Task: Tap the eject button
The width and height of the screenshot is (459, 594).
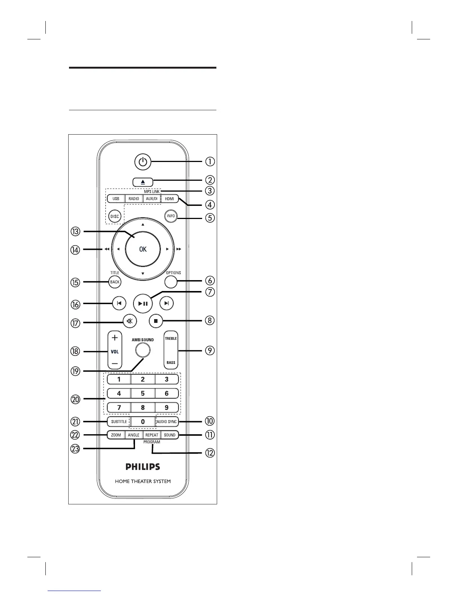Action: click(142, 182)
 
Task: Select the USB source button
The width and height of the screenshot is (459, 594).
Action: click(116, 198)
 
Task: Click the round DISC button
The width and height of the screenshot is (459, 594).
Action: click(114, 216)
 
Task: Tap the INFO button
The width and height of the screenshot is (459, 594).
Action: click(171, 216)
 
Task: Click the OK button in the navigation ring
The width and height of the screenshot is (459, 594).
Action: click(143, 249)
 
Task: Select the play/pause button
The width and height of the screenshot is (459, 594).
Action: click(143, 303)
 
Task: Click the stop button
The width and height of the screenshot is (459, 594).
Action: click(155, 321)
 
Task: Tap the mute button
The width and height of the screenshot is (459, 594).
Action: click(130, 321)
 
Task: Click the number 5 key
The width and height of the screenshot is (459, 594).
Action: click(142, 393)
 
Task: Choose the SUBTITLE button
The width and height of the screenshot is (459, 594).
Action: click(119, 421)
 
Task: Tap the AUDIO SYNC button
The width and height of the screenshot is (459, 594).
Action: click(167, 421)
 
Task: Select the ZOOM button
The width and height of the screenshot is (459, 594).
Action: click(116, 435)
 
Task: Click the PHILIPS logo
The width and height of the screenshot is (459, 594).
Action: click(142, 467)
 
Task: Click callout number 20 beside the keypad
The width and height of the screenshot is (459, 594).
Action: click(76, 399)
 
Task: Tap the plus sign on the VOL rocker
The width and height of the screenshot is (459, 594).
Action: click(115, 337)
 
